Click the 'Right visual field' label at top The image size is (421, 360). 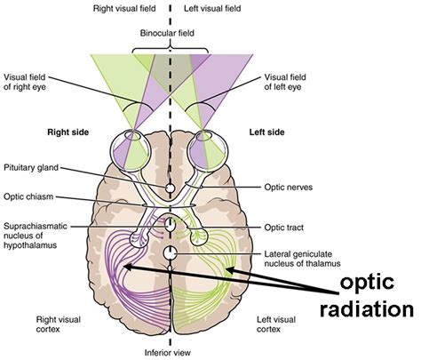point(129,8)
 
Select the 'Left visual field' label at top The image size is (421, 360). point(213,8)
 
